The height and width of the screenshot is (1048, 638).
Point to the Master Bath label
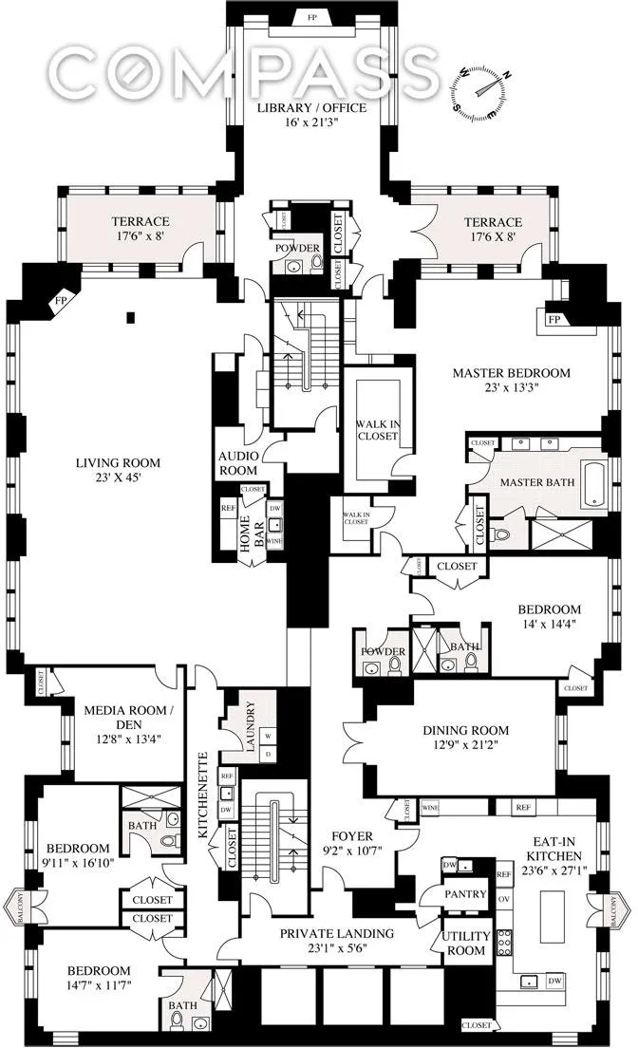click(539, 482)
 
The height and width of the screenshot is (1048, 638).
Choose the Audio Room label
click(238, 462)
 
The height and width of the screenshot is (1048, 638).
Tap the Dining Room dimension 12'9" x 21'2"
click(465, 745)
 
